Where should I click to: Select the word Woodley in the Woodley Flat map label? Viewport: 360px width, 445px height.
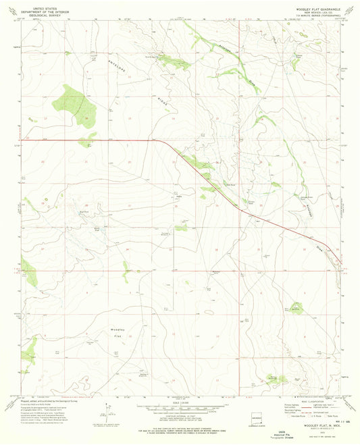(116, 329)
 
